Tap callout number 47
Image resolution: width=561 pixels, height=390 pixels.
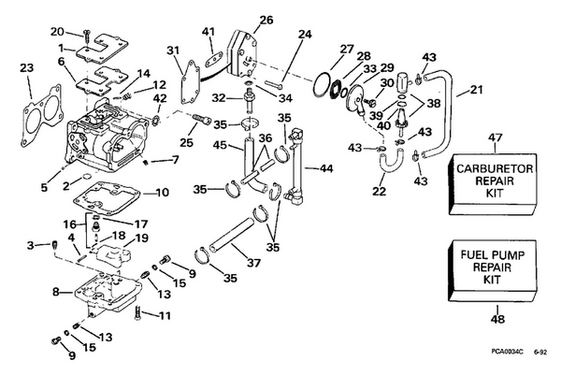pyautogui.click(x=496, y=137)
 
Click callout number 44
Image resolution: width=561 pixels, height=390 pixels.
pyautogui.click(x=326, y=168)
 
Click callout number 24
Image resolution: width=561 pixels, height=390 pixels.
pyautogui.click(x=304, y=36)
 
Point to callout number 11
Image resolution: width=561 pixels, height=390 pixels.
pyautogui.click(x=165, y=315)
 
